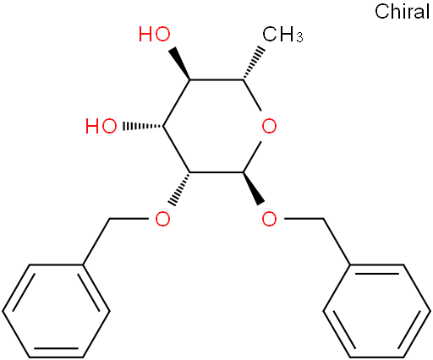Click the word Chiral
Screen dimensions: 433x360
tap(403, 12)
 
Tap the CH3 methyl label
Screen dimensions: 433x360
tap(282, 35)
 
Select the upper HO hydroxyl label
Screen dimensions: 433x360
tap(155, 34)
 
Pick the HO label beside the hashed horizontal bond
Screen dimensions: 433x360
tap(101, 126)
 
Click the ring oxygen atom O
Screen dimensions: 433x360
tap(269, 126)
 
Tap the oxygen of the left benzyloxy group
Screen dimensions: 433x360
tap(162, 219)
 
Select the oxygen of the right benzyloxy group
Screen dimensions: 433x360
tap(269, 219)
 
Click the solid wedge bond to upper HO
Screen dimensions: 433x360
tap(179, 63)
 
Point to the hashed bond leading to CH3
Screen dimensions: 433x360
tap(254, 63)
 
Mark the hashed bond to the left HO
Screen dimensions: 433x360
tap(143, 126)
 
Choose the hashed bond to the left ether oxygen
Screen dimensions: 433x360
tap(179, 188)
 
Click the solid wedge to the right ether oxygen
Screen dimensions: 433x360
tap(254, 188)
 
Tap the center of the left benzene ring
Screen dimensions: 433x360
tap(56, 311)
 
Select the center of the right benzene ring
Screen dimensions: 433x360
tap(377, 311)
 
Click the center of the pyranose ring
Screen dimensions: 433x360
tap(216, 126)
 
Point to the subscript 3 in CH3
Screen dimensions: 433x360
tap(299, 38)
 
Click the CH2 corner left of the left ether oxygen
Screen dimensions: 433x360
tap(109, 219)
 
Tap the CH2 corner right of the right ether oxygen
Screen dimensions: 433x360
tap(323, 219)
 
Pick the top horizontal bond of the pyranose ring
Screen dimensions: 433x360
tap(216, 80)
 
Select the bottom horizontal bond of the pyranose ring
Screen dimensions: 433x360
tap(216, 172)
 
